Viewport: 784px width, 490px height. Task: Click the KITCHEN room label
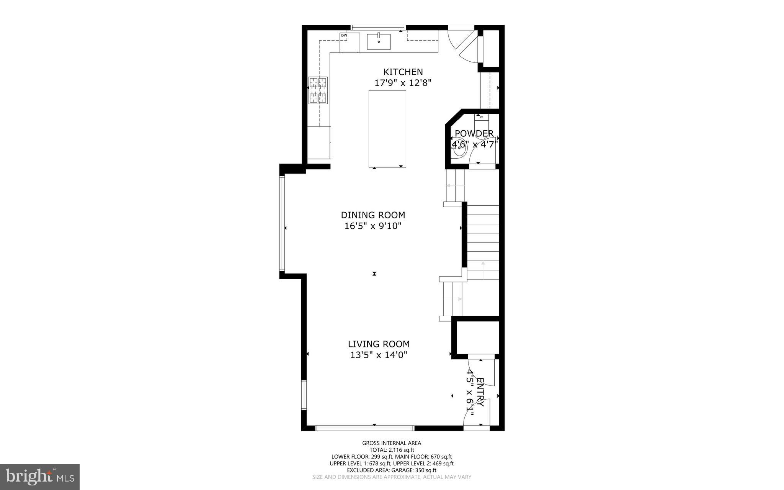(x=403, y=72)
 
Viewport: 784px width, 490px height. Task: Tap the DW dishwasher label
(x=344, y=36)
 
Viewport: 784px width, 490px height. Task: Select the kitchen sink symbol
(x=379, y=42)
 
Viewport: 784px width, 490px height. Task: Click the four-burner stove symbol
(x=318, y=90)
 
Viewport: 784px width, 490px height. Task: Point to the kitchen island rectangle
(x=387, y=129)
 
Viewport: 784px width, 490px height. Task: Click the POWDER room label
(x=474, y=134)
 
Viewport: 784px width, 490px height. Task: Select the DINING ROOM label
(x=373, y=215)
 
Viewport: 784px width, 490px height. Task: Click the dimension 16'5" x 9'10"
(x=373, y=226)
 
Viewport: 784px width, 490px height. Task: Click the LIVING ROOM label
(x=379, y=344)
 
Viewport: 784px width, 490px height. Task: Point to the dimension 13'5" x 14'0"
(x=379, y=355)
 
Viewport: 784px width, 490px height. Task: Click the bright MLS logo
(x=40, y=477)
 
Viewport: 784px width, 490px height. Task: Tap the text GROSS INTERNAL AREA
(x=392, y=443)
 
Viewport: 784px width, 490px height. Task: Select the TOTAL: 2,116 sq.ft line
(x=392, y=450)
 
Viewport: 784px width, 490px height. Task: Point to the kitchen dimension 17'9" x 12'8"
(x=403, y=83)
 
